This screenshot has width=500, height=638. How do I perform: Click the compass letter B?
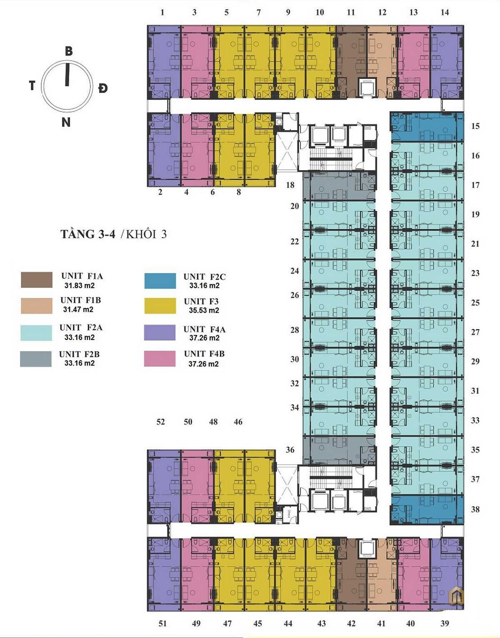(69, 51)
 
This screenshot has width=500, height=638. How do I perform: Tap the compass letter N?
(66, 123)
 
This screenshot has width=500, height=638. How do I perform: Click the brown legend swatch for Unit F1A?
(37, 280)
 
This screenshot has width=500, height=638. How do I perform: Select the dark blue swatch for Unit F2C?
(160, 281)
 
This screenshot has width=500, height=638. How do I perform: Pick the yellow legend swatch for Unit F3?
(160, 305)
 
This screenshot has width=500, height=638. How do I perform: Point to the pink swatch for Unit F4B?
(160, 358)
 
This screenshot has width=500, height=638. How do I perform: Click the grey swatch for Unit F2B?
(36, 359)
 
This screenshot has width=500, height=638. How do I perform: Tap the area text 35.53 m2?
(204, 310)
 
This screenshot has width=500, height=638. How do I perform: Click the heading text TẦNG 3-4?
(88, 234)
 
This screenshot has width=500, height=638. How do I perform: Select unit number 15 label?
(475, 126)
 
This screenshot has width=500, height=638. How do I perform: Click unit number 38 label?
(475, 509)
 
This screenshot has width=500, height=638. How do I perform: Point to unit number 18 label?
(290, 185)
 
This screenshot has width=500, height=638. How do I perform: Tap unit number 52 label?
(160, 422)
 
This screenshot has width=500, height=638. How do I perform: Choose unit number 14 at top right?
(445, 13)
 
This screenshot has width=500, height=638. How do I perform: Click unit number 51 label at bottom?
(162, 623)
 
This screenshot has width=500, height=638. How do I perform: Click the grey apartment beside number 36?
(338, 450)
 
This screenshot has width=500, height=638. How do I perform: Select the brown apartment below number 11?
(351, 58)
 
